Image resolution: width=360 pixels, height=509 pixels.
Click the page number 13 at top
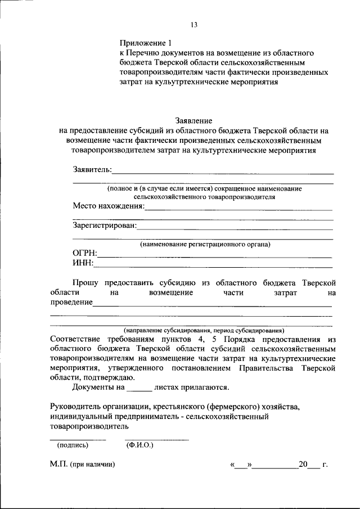tap(194, 24)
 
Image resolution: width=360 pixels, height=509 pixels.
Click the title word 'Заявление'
tap(194, 120)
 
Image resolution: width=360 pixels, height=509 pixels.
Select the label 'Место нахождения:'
tap(109, 206)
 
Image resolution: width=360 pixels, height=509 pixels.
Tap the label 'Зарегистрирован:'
tap(105, 226)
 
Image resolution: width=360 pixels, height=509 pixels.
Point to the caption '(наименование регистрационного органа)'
tap(205, 245)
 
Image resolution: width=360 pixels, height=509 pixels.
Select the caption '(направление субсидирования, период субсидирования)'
tap(205, 331)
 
